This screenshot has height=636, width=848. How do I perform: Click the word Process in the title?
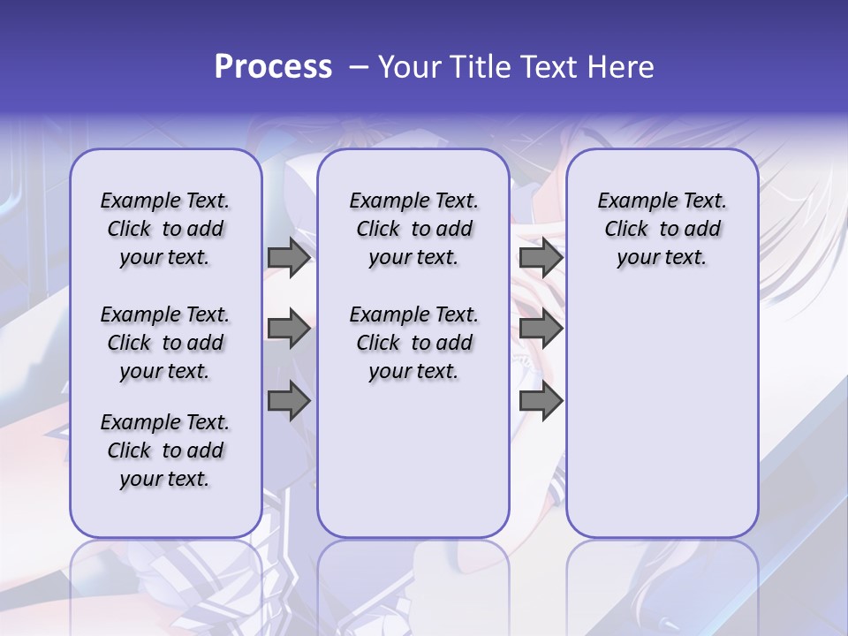click(273, 67)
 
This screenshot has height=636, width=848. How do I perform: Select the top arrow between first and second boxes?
click(289, 258)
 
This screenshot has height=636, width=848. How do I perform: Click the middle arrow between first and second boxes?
click(289, 329)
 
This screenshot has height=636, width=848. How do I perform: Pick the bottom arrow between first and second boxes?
click(289, 401)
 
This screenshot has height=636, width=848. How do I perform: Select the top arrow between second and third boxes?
click(541, 258)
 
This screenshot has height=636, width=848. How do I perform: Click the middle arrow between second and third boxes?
click(541, 329)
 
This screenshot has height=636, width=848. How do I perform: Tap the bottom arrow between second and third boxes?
click(541, 401)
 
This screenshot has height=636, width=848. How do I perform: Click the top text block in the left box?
click(165, 230)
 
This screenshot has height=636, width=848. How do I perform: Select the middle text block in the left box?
click(165, 343)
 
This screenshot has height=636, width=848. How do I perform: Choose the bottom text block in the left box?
click(165, 450)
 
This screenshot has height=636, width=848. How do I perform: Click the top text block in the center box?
click(413, 230)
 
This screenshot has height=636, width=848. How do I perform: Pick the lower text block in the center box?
click(413, 343)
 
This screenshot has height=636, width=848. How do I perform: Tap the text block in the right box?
click(662, 230)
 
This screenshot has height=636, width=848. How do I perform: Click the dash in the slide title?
click(359, 68)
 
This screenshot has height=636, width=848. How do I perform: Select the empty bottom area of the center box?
click(413, 468)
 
